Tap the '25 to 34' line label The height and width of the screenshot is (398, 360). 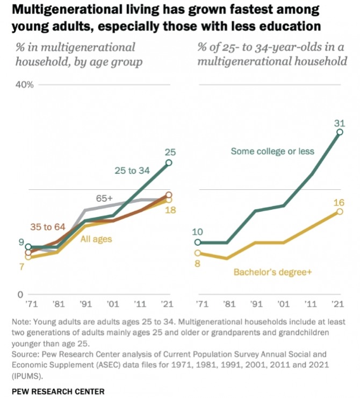[x=133, y=170]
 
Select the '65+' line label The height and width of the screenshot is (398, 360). [x=105, y=198]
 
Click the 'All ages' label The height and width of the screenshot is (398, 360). [x=96, y=239]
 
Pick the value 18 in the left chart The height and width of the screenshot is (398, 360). [x=170, y=210]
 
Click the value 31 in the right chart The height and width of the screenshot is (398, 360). [x=339, y=124]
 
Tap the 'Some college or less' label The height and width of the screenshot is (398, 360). [x=272, y=152]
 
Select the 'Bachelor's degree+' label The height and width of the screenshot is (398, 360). [x=272, y=272]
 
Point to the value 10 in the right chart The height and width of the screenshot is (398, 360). [x=197, y=232]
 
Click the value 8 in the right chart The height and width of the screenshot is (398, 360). [x=197, y=263]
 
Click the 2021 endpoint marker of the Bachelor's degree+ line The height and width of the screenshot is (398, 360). [x=339, y=211]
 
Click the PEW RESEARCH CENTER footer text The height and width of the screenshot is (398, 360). [x=57, y=391]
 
